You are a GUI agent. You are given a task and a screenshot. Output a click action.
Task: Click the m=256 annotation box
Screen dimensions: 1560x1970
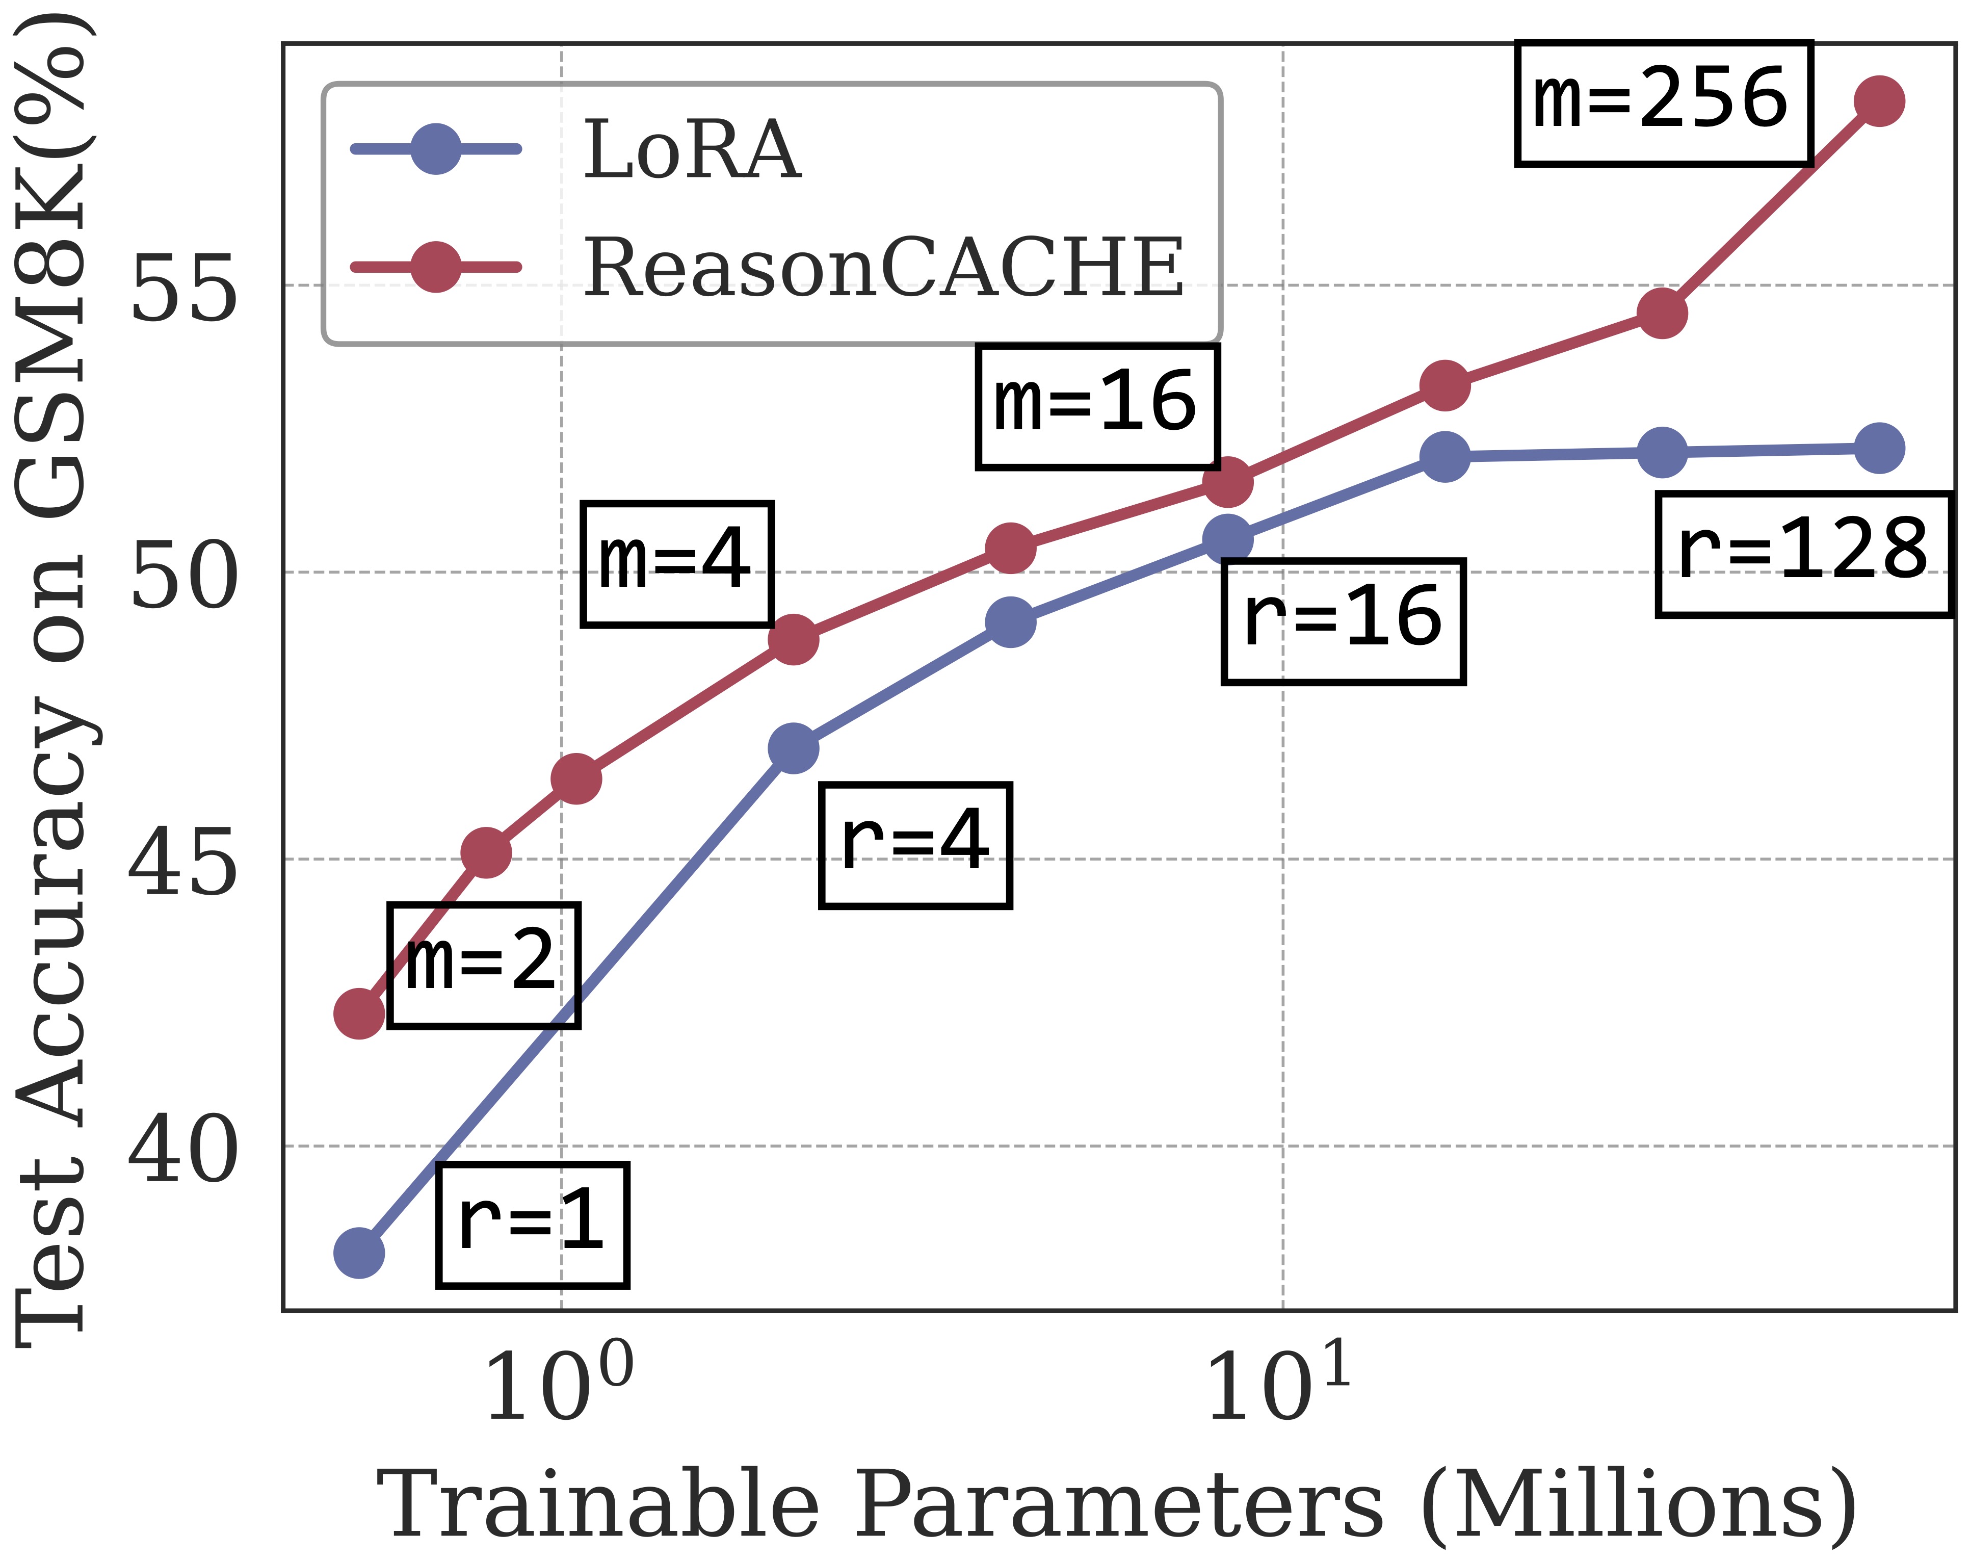[1663, 103]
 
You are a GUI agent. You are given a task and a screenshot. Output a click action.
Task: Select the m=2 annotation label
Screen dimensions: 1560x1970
[483, 966]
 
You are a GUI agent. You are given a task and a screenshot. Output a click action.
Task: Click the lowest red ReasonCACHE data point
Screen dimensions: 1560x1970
[359, 1014]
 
